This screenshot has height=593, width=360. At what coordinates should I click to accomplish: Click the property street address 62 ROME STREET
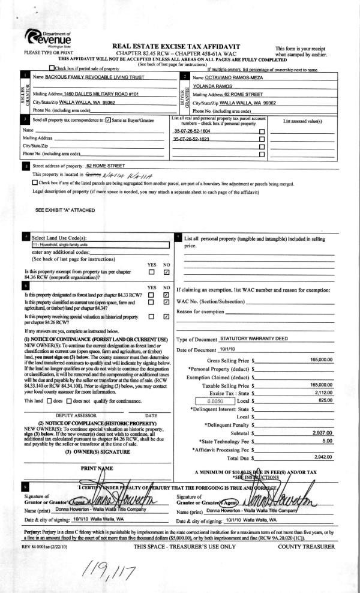click(106, 165)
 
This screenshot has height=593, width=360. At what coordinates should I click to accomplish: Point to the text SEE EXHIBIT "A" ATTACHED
click(67, 211)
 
